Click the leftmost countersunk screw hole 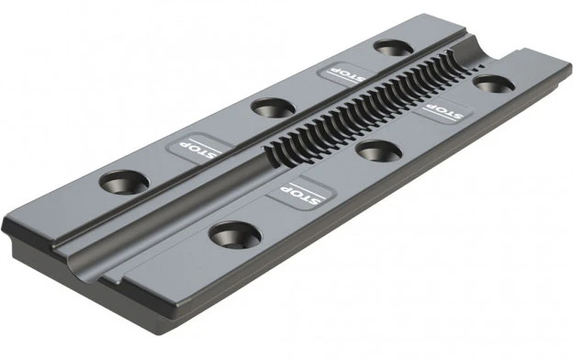[124, 183]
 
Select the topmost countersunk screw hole [394, 49]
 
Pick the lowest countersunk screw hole [235, 236]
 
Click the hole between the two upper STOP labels [274, 108]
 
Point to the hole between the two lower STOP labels [379, 151]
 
